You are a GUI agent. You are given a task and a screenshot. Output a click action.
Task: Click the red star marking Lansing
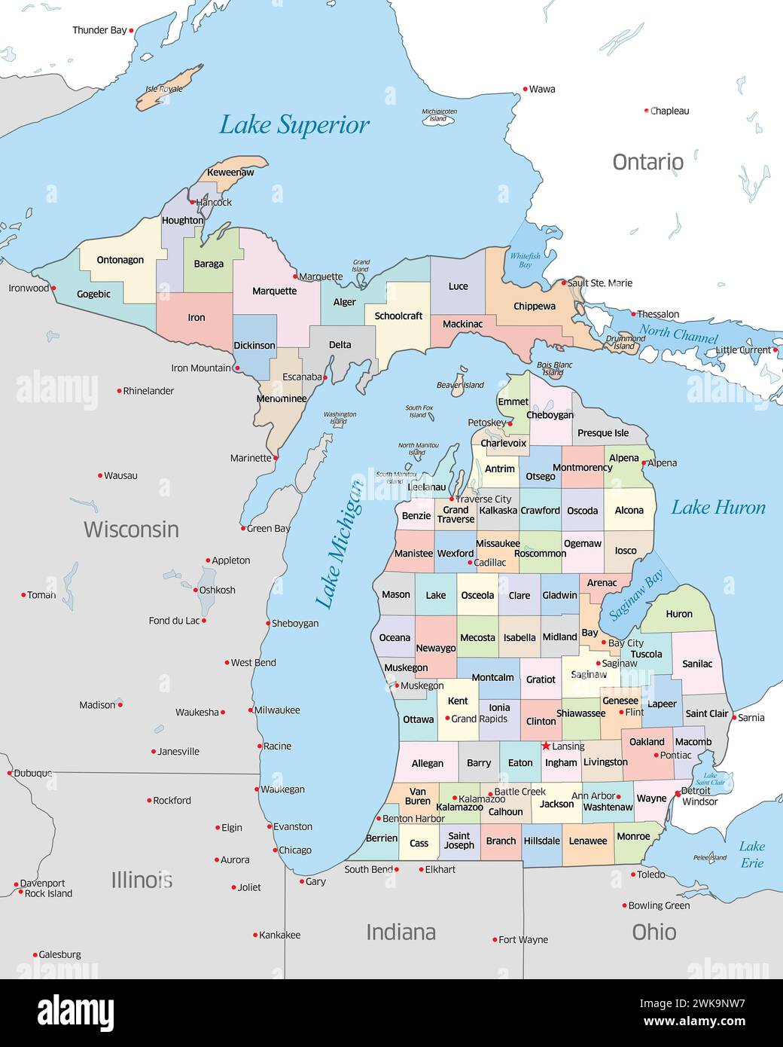[x=546, y=746]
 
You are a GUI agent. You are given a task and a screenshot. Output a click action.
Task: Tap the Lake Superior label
[x=294, y=125]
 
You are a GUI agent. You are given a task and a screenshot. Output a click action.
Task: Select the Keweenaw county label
[x=230, y=172]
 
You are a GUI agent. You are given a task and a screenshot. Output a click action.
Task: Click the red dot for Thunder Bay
[x=132, y=30]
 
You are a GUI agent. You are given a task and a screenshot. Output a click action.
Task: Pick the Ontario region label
[x=647, y=162]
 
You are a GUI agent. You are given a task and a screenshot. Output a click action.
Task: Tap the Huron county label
[x=678, y=614]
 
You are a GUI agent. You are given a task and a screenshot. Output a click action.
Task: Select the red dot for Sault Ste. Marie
[x=563, y=283]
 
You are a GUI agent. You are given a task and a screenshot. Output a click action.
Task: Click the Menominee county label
[x=282, y=398]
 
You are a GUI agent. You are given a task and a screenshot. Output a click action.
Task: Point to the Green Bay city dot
[x=243, y=528]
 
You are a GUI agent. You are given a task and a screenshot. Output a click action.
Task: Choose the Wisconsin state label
[x=131, y=530]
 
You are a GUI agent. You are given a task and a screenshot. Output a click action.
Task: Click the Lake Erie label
[x=751, y=854]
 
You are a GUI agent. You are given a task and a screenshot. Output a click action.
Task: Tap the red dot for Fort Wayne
[x=495, y=940]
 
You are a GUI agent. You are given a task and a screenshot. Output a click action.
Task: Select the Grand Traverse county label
[x=455, y=514]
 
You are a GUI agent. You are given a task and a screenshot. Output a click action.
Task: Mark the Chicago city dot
[x=275, y=850]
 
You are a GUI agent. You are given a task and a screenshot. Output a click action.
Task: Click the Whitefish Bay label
[x=525, y=261]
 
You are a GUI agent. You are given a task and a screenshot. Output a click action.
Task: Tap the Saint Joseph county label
[x=459, y=841]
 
